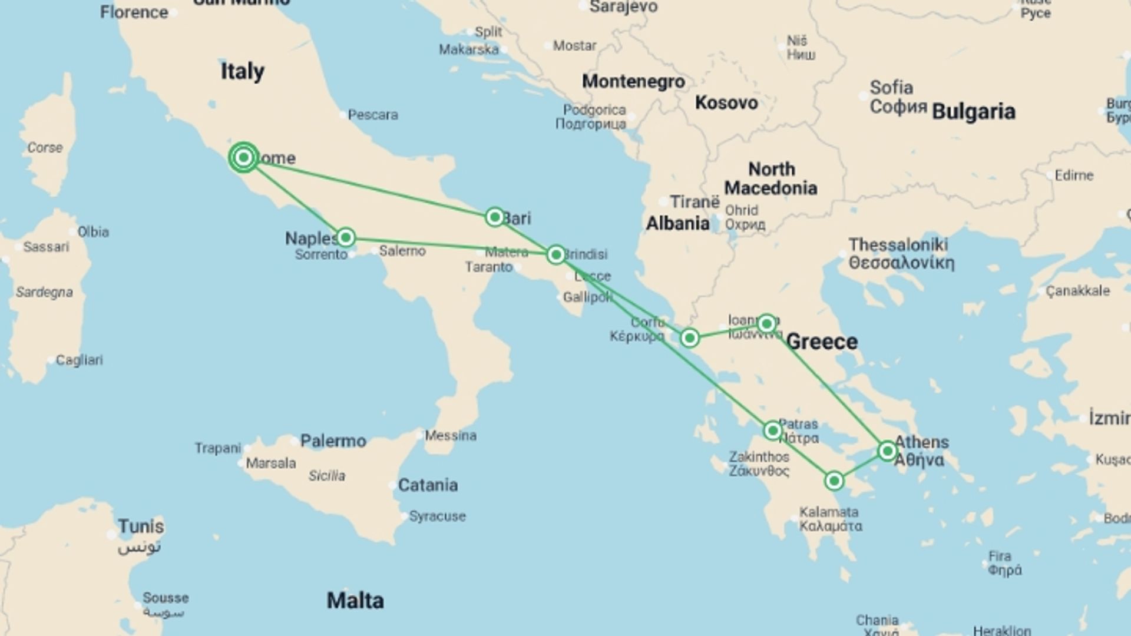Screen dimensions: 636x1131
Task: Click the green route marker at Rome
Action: pos(243,157)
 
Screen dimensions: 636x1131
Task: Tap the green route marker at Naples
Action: pos(345,237)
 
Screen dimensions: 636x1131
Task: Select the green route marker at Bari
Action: pos(495,217)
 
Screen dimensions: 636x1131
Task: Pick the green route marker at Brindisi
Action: pos(555,254)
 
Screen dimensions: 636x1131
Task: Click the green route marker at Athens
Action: pos(887,451)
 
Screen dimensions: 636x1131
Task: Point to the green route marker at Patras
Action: pos(772,430)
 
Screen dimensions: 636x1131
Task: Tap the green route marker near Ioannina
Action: pos(766,323)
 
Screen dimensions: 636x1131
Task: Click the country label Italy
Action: pos(242,71)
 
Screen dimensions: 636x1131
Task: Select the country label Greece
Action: pos(822,342)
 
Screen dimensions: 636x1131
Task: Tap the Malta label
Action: pos(355,601)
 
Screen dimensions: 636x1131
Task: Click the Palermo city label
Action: pos(333,440)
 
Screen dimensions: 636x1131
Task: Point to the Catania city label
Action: pos(428,485)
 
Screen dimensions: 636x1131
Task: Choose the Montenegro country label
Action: pos(633,81)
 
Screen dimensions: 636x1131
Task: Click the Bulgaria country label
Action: pos(974,111)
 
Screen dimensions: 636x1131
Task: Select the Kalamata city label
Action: pos(829,512)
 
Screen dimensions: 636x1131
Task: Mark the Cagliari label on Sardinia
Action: pos(79,360)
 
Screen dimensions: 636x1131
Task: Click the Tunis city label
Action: pos(141,526)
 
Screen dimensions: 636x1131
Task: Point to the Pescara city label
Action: pos(372,115)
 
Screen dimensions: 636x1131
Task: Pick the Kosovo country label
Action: pos(726,102)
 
